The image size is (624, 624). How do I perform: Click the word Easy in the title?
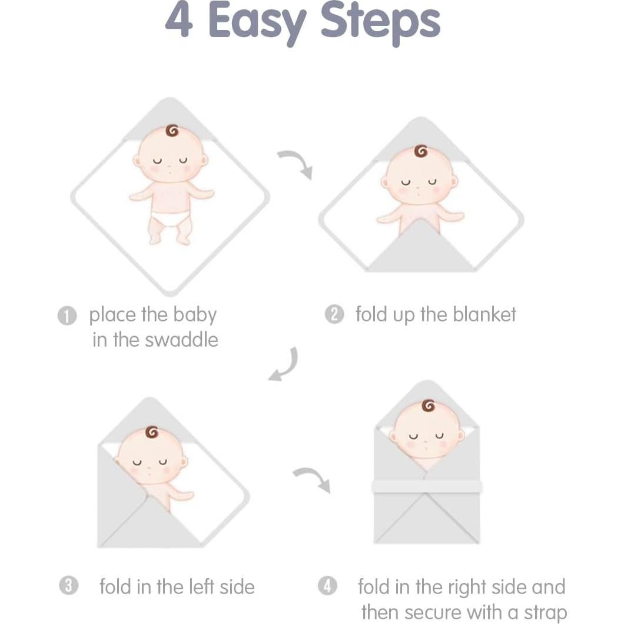tap(257, 22)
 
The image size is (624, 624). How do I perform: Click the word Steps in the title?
tap(380, 22)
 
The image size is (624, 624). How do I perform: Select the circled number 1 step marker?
tap(67, 316)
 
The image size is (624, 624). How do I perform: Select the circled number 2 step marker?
tap(334, 315)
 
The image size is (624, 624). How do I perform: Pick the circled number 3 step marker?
tap(69, 586)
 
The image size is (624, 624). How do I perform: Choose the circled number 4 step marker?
tap(327, 586)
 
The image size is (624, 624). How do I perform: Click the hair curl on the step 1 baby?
tap(171, 131)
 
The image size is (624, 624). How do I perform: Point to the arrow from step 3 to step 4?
tap(312, 479)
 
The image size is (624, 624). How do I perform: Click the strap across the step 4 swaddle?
tap(427, 486)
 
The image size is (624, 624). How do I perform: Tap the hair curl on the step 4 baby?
tap(428, 406)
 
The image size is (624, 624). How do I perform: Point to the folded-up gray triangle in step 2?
tap(421, 250)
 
